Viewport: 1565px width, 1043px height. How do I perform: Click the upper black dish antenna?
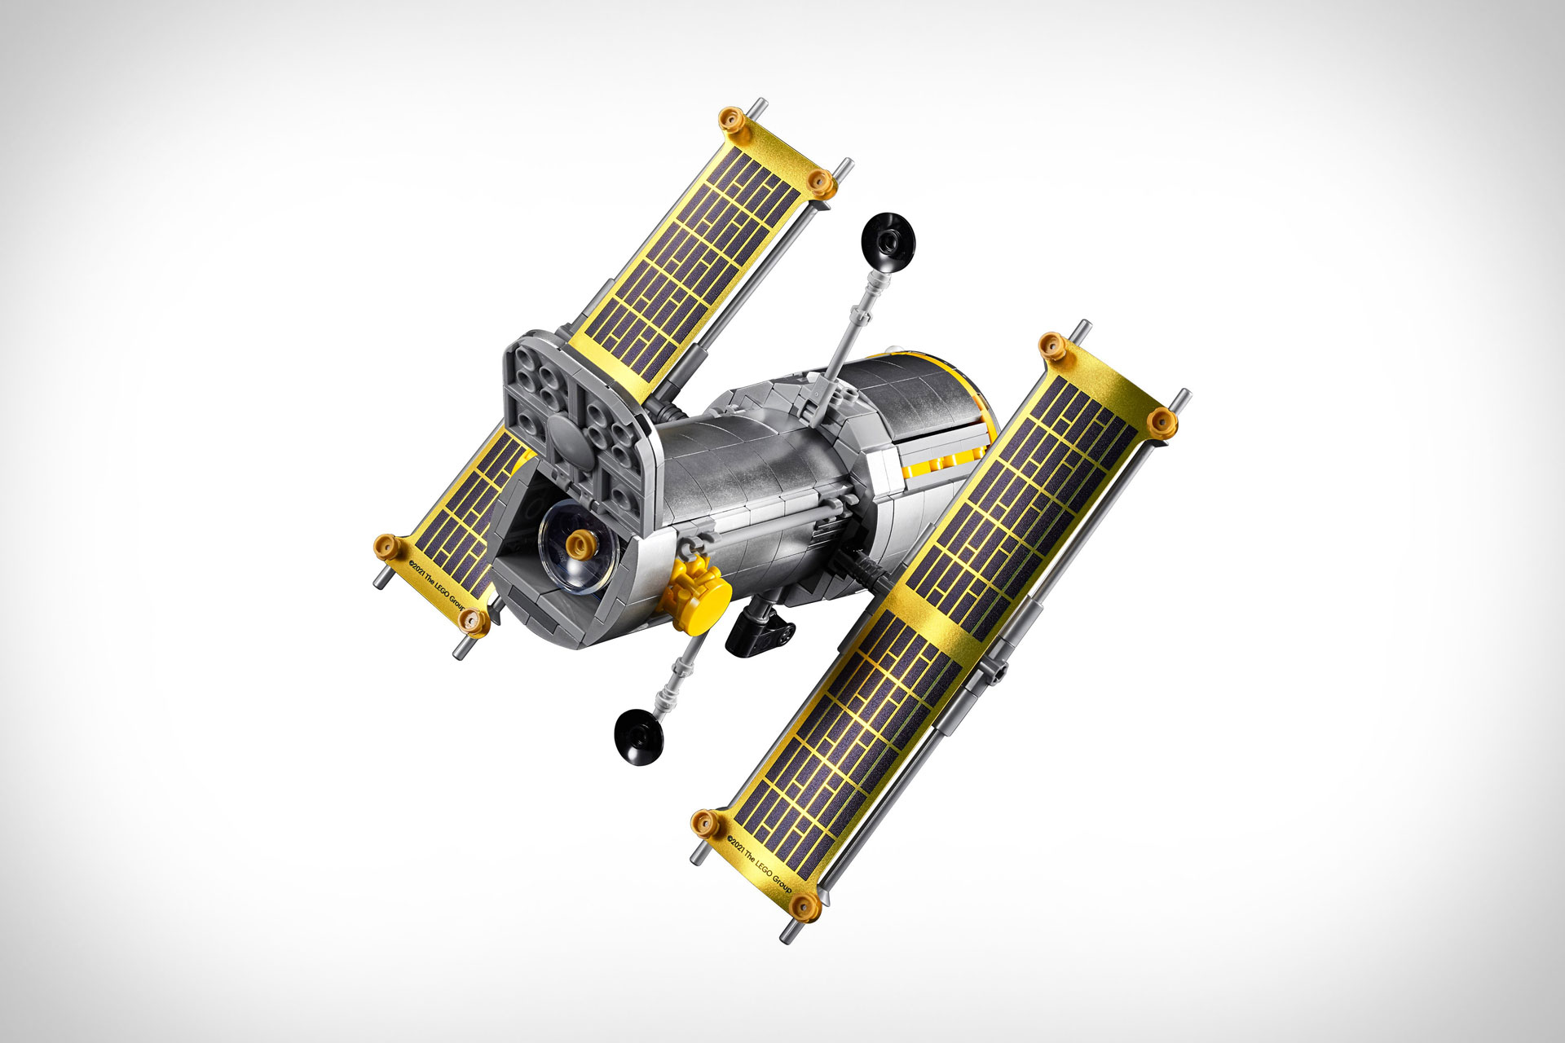tap(887, 241)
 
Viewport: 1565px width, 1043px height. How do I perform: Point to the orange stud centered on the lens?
tap(580, 542)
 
